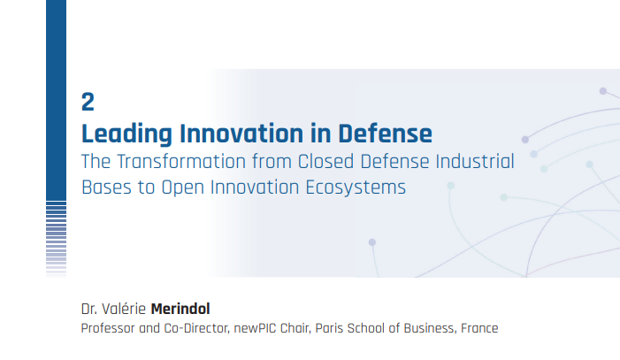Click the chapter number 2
(x=88, y=102)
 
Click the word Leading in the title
(x=127, y=134)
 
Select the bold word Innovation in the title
(x=241, y=134)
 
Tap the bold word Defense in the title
(x=385, y=134)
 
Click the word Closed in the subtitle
(x=325, y=161)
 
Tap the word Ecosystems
(x=356, y=188)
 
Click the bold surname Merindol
(x=180, y=309)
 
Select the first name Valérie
(x=124, y=309)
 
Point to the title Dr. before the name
(x=89, y=309)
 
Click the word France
(x=479, y=328)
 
